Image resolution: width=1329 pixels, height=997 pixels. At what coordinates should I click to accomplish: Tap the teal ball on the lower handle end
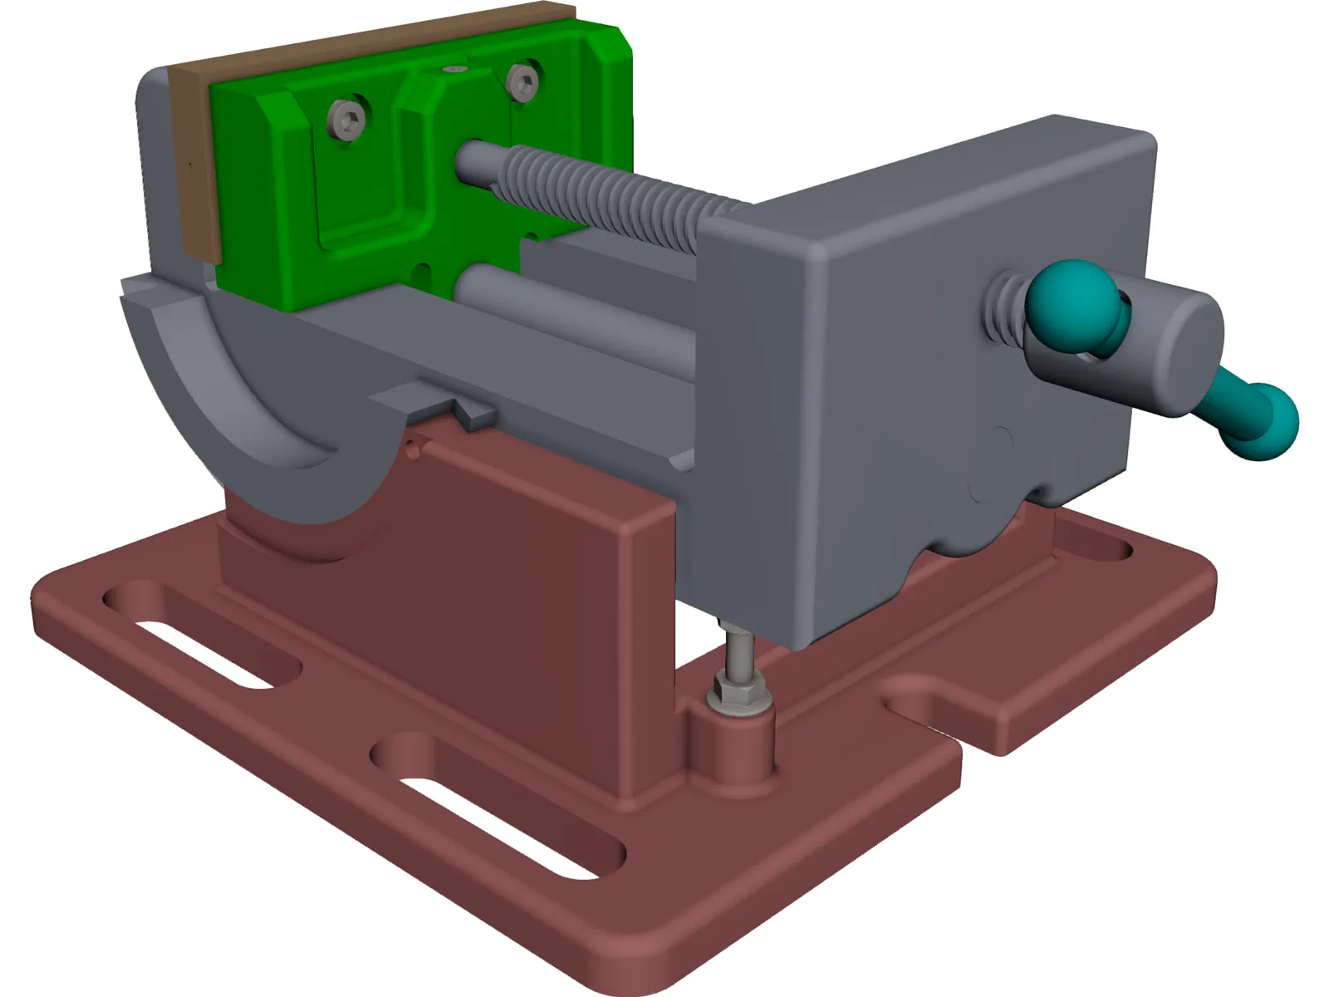[x=1269, y=422]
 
